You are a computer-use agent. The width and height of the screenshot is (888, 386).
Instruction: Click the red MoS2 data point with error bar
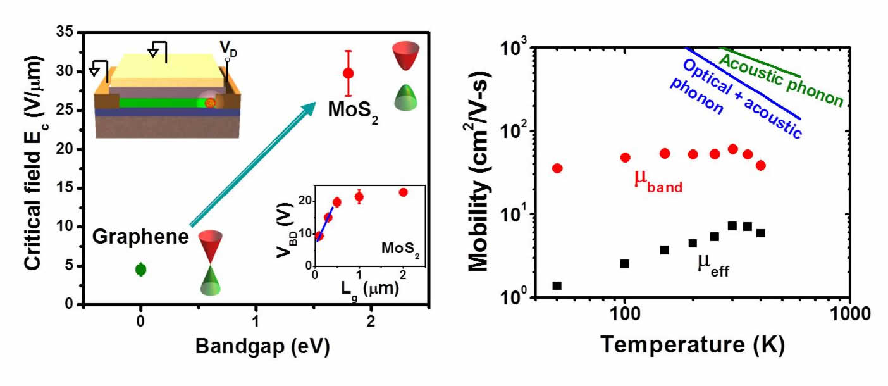pos(348,73)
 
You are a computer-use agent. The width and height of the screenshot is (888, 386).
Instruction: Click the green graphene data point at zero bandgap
pos(140,270)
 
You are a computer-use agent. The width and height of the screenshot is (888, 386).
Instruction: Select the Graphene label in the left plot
pos(140,237)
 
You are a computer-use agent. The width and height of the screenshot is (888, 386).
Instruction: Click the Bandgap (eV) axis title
pos(254,346)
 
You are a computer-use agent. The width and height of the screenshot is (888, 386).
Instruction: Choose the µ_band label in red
pos(658,181)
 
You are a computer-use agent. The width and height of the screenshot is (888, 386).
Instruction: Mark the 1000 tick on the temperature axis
pos(848,313)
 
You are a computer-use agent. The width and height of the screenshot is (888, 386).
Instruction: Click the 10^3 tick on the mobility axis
pos(514,47)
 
